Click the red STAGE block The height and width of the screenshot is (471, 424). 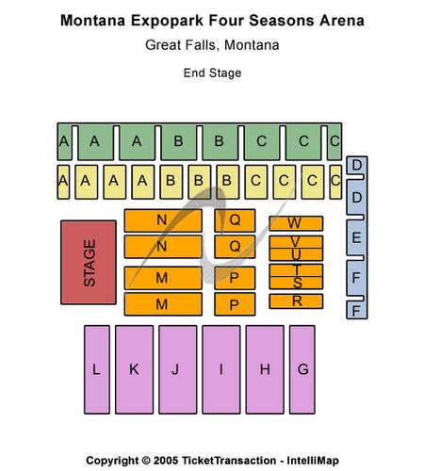click(x=89, y=263)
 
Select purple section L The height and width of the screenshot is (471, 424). click(x=97, y=369)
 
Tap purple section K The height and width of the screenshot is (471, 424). click(x=135, y=369)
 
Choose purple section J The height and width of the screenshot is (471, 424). click(x=178, y=369)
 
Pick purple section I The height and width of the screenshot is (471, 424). click(x=221, y=369)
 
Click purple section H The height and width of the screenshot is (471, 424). click(x=265, y=369)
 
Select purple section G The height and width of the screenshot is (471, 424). click(x=302, y=369)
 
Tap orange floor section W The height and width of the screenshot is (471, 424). click(x=296, y=223)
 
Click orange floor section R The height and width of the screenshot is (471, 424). click(x=296, y=301)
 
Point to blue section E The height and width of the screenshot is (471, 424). click(x=357, y=238)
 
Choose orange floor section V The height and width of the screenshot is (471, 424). click(x=296, y=242)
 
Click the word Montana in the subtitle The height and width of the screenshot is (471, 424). click(x=252, y=45)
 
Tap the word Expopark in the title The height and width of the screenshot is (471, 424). click(x=168, y=21)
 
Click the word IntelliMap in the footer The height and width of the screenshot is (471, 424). click(x=313, y=461)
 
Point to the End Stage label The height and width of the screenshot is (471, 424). click(x=212, y=73)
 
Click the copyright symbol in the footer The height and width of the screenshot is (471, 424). click(x=146, y=461)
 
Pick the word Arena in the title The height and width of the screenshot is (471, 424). click(x=342, y=21)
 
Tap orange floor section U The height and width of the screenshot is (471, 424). click(x=296, y=254)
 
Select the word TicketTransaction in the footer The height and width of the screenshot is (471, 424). click(x=229, y=461)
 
